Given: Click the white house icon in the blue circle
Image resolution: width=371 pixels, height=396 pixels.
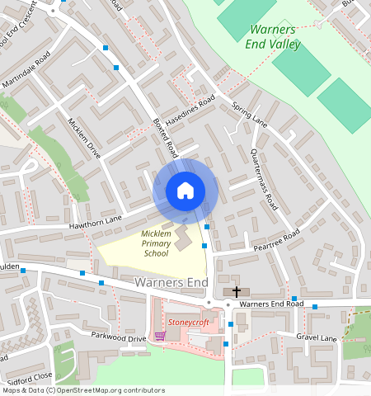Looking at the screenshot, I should point(185,191).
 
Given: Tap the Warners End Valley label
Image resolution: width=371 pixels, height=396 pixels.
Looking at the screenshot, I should point(275,38).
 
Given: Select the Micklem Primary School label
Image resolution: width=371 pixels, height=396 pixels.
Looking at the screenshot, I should point(155,243).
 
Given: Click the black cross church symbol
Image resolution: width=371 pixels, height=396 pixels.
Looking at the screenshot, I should point(237,291).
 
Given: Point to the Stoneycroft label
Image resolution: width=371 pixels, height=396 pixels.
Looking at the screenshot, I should point(189,322).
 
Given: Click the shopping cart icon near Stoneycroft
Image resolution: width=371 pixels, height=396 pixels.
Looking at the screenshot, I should point(160,337).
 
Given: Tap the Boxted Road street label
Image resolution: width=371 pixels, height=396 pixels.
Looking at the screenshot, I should point(165,137).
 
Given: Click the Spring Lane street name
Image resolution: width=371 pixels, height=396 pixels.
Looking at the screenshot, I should point(250,115).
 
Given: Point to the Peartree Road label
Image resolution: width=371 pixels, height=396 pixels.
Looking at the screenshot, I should point(281,241).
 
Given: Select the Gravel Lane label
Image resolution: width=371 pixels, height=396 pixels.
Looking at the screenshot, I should point(317,337).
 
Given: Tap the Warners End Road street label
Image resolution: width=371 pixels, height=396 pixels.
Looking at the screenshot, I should point(271,304).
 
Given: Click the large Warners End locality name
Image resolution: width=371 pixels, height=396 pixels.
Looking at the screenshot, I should point(171,283).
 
